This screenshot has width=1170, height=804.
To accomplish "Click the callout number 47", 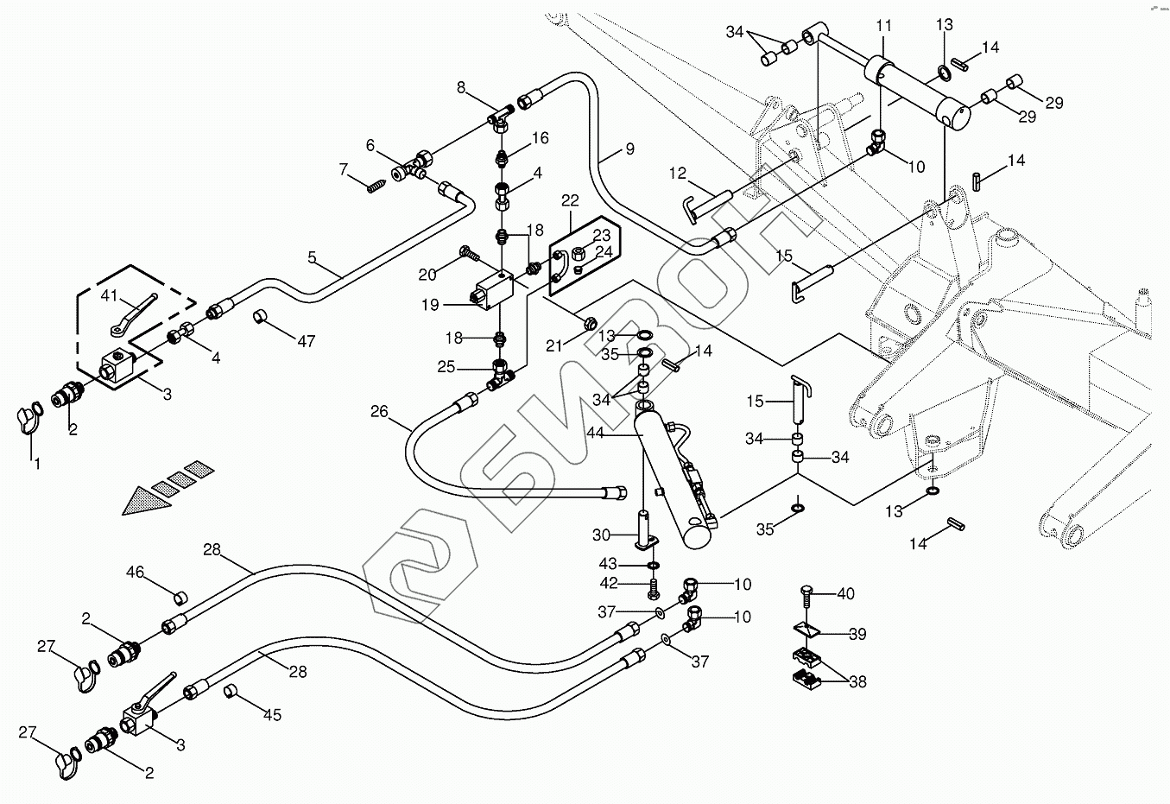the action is (x=306, y=341).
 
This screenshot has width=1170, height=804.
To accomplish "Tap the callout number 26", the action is (x=379, y=412).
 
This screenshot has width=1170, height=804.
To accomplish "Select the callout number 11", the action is (x=884, y=26).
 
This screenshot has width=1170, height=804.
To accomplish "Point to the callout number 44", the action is (x=595, y=433).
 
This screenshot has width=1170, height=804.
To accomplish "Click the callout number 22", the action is (x=570, y=200).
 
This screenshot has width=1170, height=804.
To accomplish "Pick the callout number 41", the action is (x=109, y=295).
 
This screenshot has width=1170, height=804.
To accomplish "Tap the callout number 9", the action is (x=630, y=149).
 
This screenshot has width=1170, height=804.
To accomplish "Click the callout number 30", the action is (x=601, y=535).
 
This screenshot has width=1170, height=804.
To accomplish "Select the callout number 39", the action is (x=857, y=634).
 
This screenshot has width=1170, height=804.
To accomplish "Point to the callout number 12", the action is (x=678, y=174).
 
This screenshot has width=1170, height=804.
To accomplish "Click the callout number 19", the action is (x=430, y=305).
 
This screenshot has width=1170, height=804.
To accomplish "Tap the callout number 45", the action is (x=273, y=715).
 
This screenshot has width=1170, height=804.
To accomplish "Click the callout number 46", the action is (x=135, y=573).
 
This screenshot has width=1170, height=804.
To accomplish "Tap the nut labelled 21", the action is (x=591, y=324).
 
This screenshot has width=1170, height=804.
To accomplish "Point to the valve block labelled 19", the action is (x=494, y=292).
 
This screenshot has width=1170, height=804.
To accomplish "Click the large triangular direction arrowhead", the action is (x=148, y=501).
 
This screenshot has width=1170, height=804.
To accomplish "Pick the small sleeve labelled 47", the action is (x=261, y=317).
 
